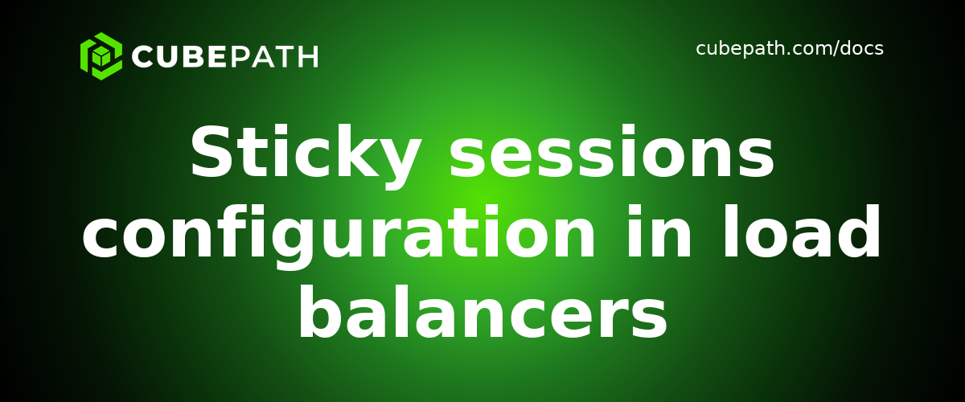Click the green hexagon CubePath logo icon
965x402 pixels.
tap(101, 56)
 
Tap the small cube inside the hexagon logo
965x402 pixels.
tap(101, 57)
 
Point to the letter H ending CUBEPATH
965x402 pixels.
tap(308, 57)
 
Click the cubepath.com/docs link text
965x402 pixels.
tap(789, 49)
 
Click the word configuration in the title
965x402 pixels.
tap(339, 235)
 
